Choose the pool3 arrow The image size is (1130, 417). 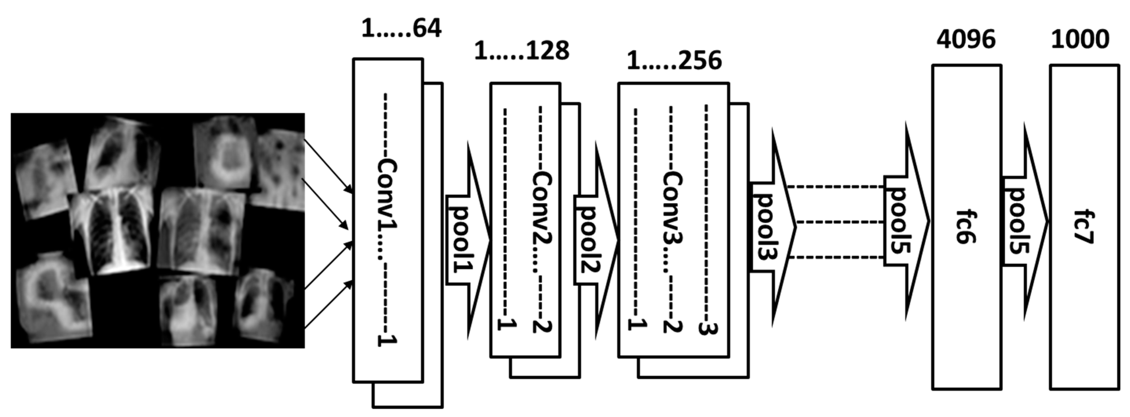click(770, 227)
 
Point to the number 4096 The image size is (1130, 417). click(966, 39)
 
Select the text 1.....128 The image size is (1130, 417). click(521, 50)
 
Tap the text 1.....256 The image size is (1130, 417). click(674, 61)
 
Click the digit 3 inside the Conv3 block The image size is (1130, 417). click(706, 328)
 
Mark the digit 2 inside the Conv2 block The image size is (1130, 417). click(542, 326)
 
